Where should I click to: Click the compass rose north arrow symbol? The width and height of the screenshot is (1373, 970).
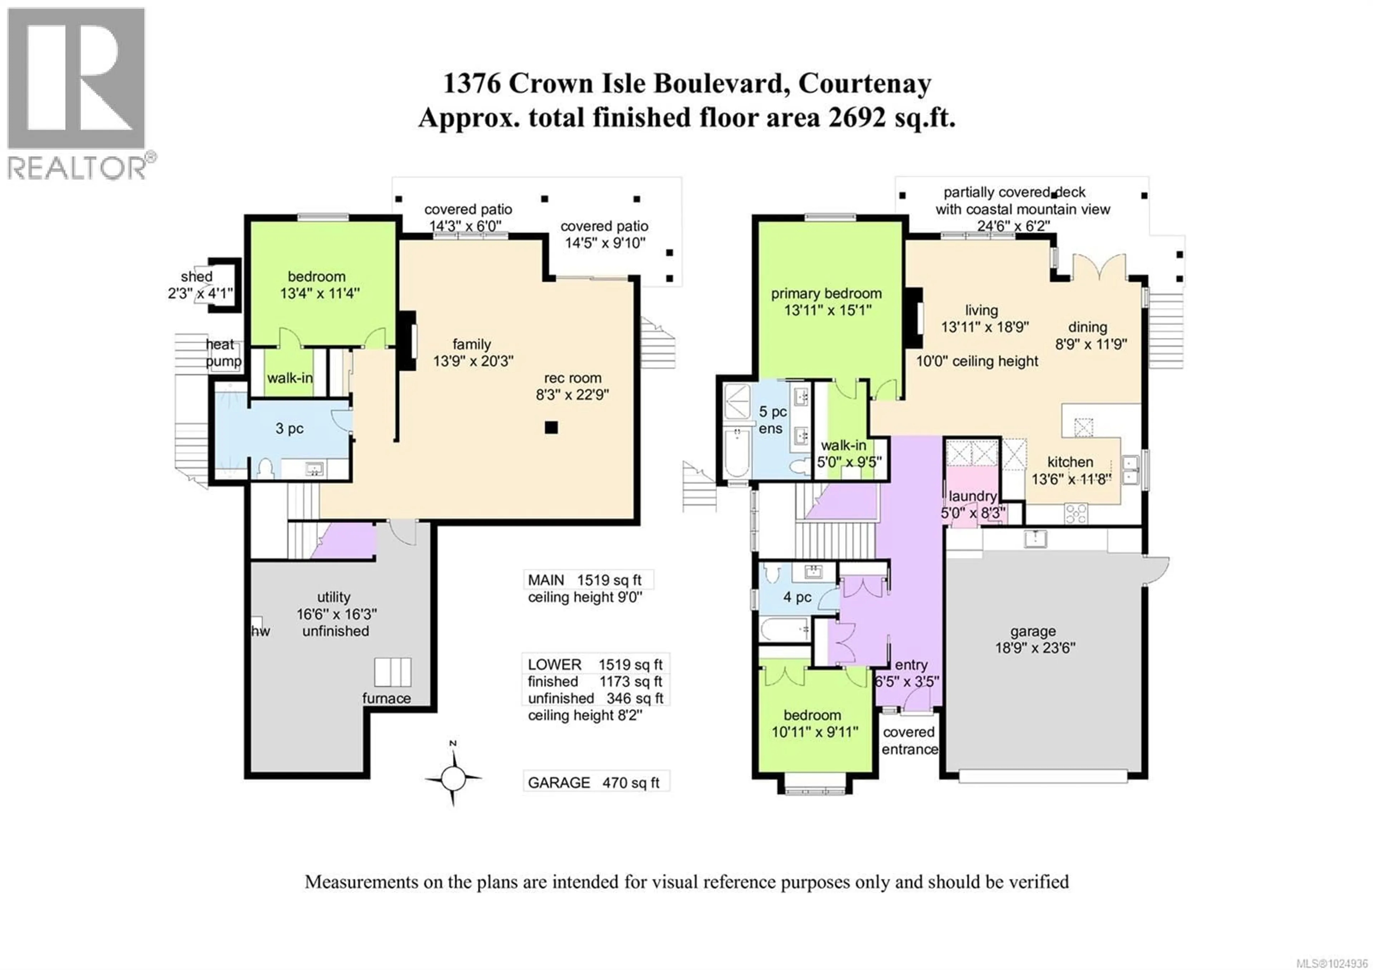(453, 778)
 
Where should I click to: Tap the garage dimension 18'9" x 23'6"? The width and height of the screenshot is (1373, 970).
(1034, 648)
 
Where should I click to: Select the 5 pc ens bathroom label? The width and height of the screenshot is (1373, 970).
(772, 420)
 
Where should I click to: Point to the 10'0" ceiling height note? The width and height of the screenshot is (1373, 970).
(977, 361)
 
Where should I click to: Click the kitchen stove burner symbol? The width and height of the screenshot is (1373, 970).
(1076, 513)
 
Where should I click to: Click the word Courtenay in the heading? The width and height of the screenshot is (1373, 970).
(864, 83)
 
